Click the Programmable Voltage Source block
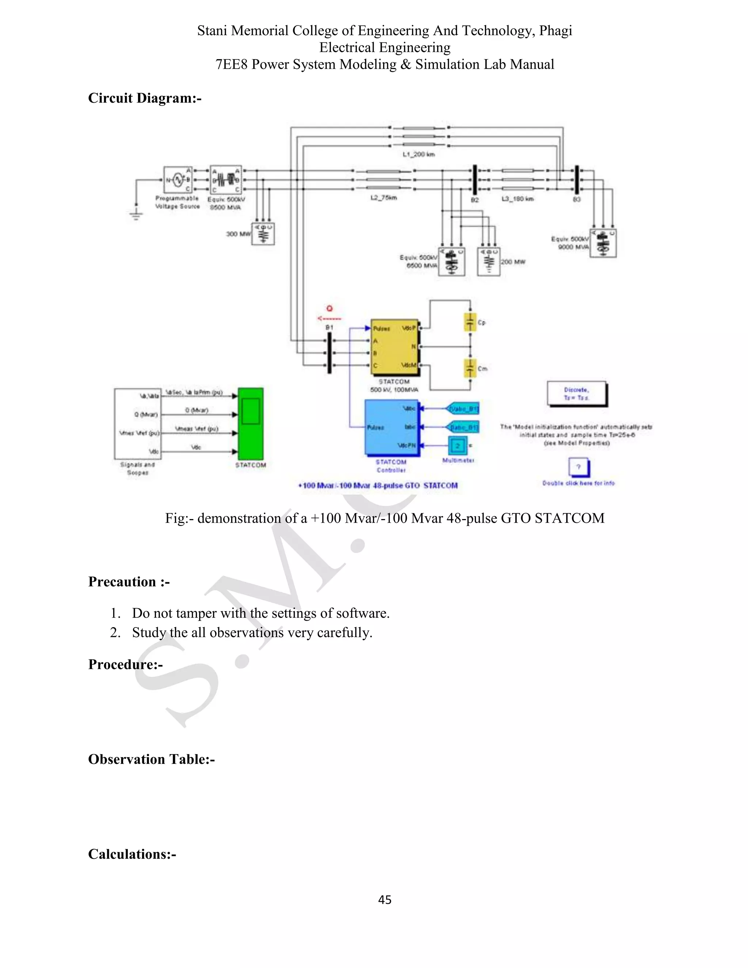178,180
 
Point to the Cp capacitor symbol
470,322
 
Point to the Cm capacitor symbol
470,368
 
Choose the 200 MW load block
489,262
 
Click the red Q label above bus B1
329,309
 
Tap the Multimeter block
458,445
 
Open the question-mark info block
578,467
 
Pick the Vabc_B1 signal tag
463,409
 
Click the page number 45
385,899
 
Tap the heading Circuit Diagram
145,98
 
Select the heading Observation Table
151,759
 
